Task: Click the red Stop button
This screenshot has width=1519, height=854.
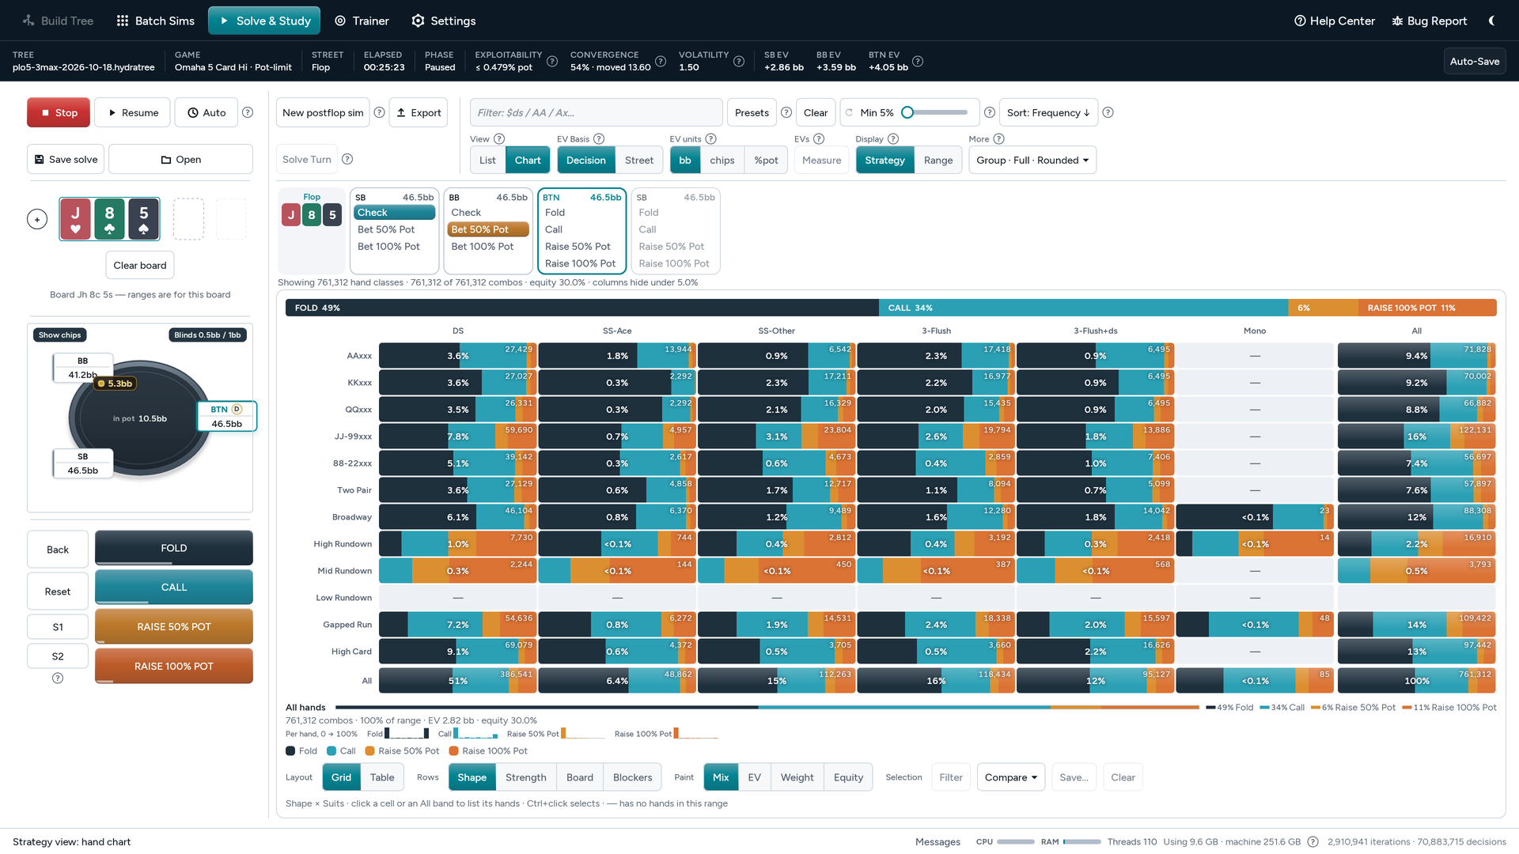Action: coord(59,112)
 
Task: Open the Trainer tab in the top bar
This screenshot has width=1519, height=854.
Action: coord(362,21)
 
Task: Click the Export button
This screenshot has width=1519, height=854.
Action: coord(419,112)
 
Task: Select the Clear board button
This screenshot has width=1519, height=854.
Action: coord(140,265)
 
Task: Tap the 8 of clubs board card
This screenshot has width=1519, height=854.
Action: coord(109,219)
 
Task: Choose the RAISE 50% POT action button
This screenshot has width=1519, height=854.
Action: coord(174,626)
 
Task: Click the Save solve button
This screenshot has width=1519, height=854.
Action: coord(66,159)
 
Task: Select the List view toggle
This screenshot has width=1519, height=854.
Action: coord(487,160)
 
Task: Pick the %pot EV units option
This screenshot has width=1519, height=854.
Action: coord(766,160)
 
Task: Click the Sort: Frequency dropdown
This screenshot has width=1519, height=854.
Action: coord(1048,112)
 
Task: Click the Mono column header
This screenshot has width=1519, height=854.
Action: coord(1255,331)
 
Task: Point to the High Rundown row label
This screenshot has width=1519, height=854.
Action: coord(343,544)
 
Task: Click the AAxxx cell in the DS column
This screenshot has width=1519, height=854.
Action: coord(457,356)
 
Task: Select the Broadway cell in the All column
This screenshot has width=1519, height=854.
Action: coord(1416,517)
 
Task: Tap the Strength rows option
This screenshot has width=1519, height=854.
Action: coord(526,777)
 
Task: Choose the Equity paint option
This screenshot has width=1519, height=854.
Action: coord(848,777)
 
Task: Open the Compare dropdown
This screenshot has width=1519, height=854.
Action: coord(1011,777)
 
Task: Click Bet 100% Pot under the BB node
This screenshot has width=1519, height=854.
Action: coord(483,247)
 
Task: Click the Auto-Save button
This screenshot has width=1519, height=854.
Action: coord(1474,61)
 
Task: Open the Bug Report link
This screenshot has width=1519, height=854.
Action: coord(1430,21)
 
